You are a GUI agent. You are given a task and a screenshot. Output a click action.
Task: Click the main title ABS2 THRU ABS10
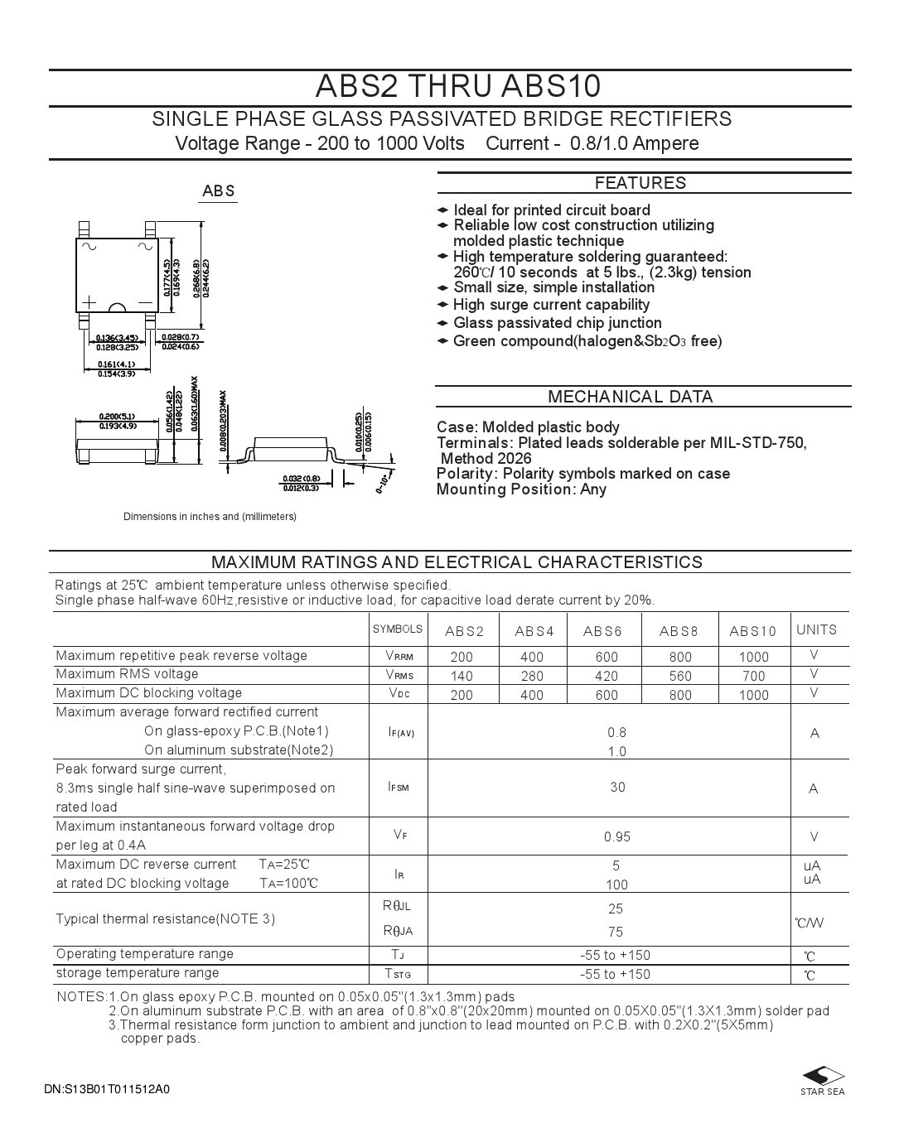tap(458, 87)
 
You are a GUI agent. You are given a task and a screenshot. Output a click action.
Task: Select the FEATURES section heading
tap(640, 183)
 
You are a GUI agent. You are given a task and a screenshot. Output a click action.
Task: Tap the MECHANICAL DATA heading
tap(630, 397)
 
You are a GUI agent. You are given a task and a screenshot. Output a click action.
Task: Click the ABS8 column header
tap(679, 632)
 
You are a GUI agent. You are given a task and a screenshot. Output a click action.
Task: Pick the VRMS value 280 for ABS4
tap(532, 676)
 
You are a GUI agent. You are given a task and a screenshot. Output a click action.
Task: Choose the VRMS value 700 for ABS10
tap(753, 676)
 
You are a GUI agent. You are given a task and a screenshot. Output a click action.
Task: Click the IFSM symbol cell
tap(398, 787)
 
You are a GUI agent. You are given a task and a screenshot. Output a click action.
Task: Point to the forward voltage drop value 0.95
tap(617, 836)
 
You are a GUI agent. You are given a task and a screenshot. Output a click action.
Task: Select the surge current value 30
tap(617, 787)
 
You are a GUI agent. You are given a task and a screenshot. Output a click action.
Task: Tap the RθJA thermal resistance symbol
tap(398, 931)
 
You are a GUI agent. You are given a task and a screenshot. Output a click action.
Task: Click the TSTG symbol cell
tap(398, 974)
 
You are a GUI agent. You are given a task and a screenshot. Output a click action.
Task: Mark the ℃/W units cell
tap(810, 923)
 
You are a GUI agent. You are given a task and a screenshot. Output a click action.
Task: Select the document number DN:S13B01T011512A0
tap(107, 1089)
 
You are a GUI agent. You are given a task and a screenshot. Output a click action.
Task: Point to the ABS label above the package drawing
tap(219, 191)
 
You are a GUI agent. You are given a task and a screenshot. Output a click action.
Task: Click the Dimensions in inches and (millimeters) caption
tap(210, 517)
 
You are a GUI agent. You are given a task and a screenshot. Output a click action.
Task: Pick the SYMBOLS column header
tap(398, 629)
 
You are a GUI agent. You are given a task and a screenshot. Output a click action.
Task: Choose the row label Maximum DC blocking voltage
tap(149, 693)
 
